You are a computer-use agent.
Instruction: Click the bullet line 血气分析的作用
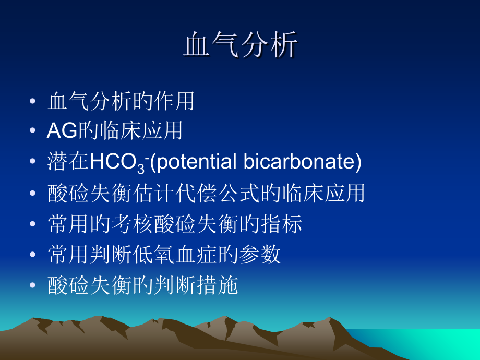[121, 101]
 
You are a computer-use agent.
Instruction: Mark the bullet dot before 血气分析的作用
[33, 101]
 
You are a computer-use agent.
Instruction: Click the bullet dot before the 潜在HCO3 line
[33, 163]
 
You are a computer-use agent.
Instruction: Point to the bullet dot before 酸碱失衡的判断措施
[33, 285]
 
